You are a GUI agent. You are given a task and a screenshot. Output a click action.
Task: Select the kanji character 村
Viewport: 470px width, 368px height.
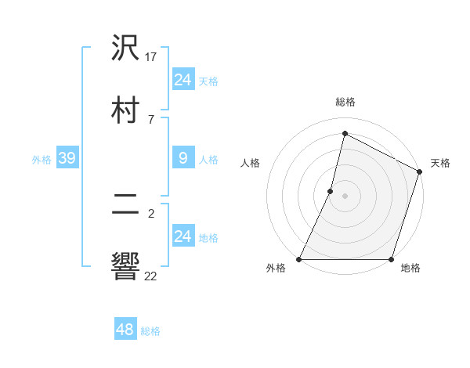(x=126, y=110)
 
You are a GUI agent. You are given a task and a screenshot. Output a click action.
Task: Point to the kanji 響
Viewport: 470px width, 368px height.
(x=126, y=267)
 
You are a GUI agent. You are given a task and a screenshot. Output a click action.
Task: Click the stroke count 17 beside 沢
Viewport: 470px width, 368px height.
(x=151, y=56)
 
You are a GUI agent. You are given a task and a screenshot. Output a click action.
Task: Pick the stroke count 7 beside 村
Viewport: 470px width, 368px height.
(x=150, y=119)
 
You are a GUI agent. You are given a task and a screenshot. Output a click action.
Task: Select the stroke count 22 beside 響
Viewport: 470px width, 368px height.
(x=151, y=276)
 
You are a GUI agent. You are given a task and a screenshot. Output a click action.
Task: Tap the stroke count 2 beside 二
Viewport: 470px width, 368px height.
(x=150, y=213)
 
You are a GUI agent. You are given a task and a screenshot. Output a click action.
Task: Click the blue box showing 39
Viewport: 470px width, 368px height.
(x=67, y=159)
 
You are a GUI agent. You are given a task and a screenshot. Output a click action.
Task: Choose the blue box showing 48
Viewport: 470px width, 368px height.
(x=125, y=330)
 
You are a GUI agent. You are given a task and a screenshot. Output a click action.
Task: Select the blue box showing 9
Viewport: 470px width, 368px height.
(x=183, y=159)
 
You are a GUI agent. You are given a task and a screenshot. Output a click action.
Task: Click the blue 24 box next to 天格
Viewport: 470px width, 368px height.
(x=183, y=80)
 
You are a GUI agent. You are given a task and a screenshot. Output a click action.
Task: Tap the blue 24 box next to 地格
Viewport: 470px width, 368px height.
(x=183, y=236)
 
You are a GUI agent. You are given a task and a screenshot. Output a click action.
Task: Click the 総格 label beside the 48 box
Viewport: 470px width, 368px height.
(x=150, y=331)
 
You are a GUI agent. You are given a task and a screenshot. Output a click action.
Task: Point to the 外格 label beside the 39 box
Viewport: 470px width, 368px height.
(x=42, y=160)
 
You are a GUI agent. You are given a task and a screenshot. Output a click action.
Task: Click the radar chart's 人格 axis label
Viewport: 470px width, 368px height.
(x=250, y=163)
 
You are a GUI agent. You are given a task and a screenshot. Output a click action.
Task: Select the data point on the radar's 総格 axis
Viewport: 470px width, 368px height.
(x=345, y=133)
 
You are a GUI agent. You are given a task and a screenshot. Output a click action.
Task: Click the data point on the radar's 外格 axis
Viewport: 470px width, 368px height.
(x=299, y=259)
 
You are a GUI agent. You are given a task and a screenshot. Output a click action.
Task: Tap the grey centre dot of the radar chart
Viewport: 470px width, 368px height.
(x=345, y=196)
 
